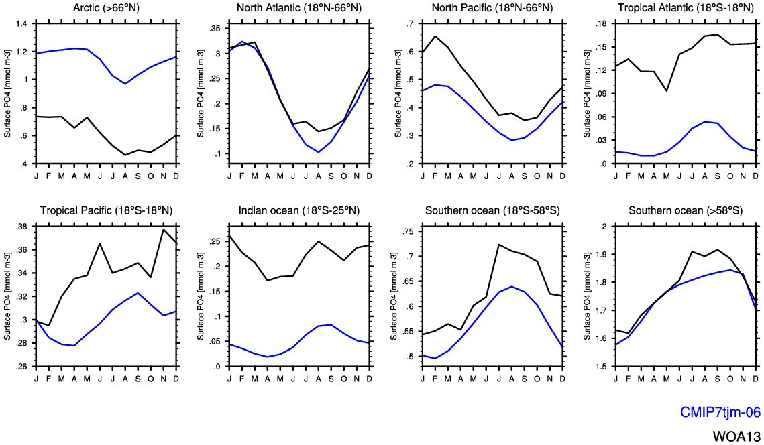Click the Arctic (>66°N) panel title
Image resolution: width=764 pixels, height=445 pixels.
[x=105, y=7]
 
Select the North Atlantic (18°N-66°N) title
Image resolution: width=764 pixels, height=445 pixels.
[x=299, y=7]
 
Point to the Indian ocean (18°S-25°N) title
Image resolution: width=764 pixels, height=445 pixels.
[x=299, y=210]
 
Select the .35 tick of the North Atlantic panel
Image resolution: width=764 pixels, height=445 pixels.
[x=215, y=29]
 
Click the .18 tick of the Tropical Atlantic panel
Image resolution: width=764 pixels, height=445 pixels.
[x=600, y=24]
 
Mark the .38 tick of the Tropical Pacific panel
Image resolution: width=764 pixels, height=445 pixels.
[x=21, y=227]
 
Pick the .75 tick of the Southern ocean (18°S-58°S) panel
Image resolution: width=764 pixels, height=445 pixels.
[x=407, y=231]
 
